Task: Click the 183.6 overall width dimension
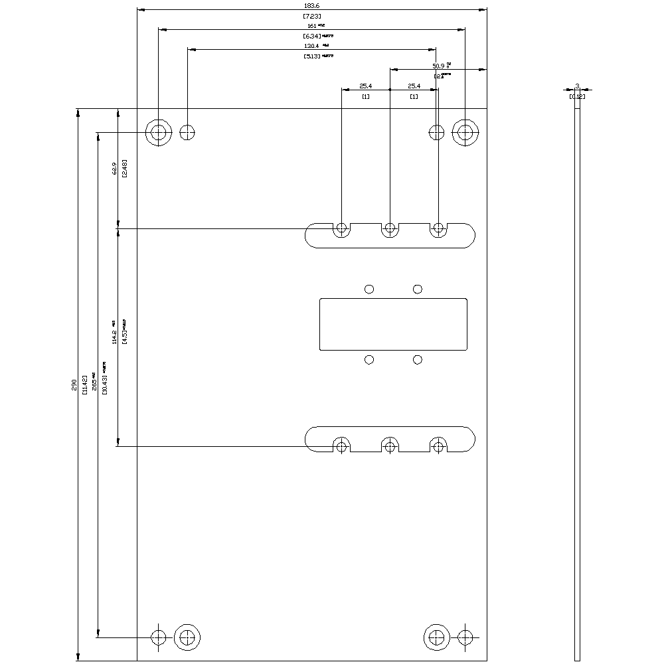click(311, 5)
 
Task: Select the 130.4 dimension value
click(311, 46)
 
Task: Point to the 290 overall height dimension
click(74, 384)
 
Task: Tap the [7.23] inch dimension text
click(311, 15)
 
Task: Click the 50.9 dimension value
click(438, 66)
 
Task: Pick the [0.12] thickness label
click(577, 97)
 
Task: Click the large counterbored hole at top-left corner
click(159, 132)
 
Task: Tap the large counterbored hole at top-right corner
click(465, 132)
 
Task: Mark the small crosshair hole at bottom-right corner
click(465, 637)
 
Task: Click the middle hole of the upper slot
click(390, 229)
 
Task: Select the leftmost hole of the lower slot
click(341, 446)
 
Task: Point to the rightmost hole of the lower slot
click(438, 446)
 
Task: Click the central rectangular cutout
click(393, 324)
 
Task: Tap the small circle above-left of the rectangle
click(369, 289)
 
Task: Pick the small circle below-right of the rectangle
click(418, 360)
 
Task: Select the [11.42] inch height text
click(84, 384)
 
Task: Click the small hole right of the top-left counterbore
click(188, 132)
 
